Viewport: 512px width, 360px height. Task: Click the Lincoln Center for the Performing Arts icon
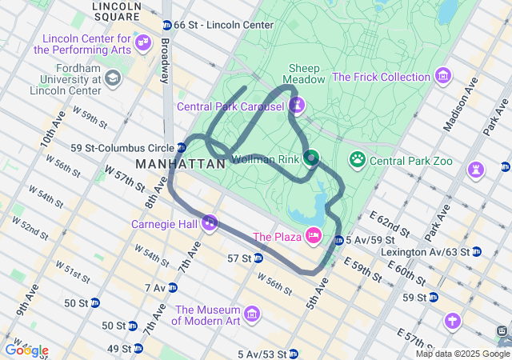pyautogui.click(x=143, y=42)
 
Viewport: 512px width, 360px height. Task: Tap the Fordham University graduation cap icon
pyautogui.click(x=112, y=78)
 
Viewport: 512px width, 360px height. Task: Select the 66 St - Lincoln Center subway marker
pyautogui.click(x=166, y=26)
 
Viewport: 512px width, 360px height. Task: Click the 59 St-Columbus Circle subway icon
pyautogui.click(x=182, y=148)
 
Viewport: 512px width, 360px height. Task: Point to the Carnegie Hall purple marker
pyautogui.click(x=210, y=222)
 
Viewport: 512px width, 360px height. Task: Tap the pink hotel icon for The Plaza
pyautogui.click(x=313, y=236)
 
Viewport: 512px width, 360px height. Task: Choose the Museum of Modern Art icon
pyautogui.click(x=252, y=313)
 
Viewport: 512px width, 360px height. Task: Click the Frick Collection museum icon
pyautogui.click(x=443, y=77)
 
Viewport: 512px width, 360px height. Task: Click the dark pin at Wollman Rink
pyautogui.click(x=310, y=158)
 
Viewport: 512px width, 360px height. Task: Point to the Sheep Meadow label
pyautogui.click(x=306, y=74)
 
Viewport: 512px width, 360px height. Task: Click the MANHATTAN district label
pyautogui.click(x=180, y=163)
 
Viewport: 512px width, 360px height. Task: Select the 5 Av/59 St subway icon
pyautogui.click(x=339, y=240)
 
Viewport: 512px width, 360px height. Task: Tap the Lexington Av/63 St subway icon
pyautogui.click(x=477, y=251)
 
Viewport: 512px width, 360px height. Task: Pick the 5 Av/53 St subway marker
pyautogui.click(x=294, y=354)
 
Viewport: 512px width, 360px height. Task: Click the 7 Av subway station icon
pyautogui.click(x=172, y=288)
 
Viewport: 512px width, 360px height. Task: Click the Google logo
pyautogui.click(x=26, y=350)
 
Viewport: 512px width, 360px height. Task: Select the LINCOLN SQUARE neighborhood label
pyautogui.click(x=117, y=10)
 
